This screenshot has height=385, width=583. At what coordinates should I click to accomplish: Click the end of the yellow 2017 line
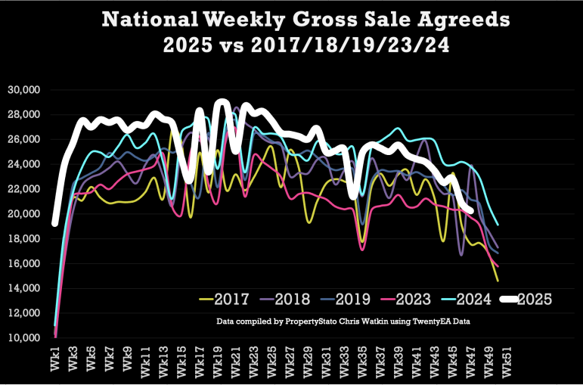[x=498, y=281]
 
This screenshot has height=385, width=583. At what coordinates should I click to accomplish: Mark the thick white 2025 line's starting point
[x=55, y=223]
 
